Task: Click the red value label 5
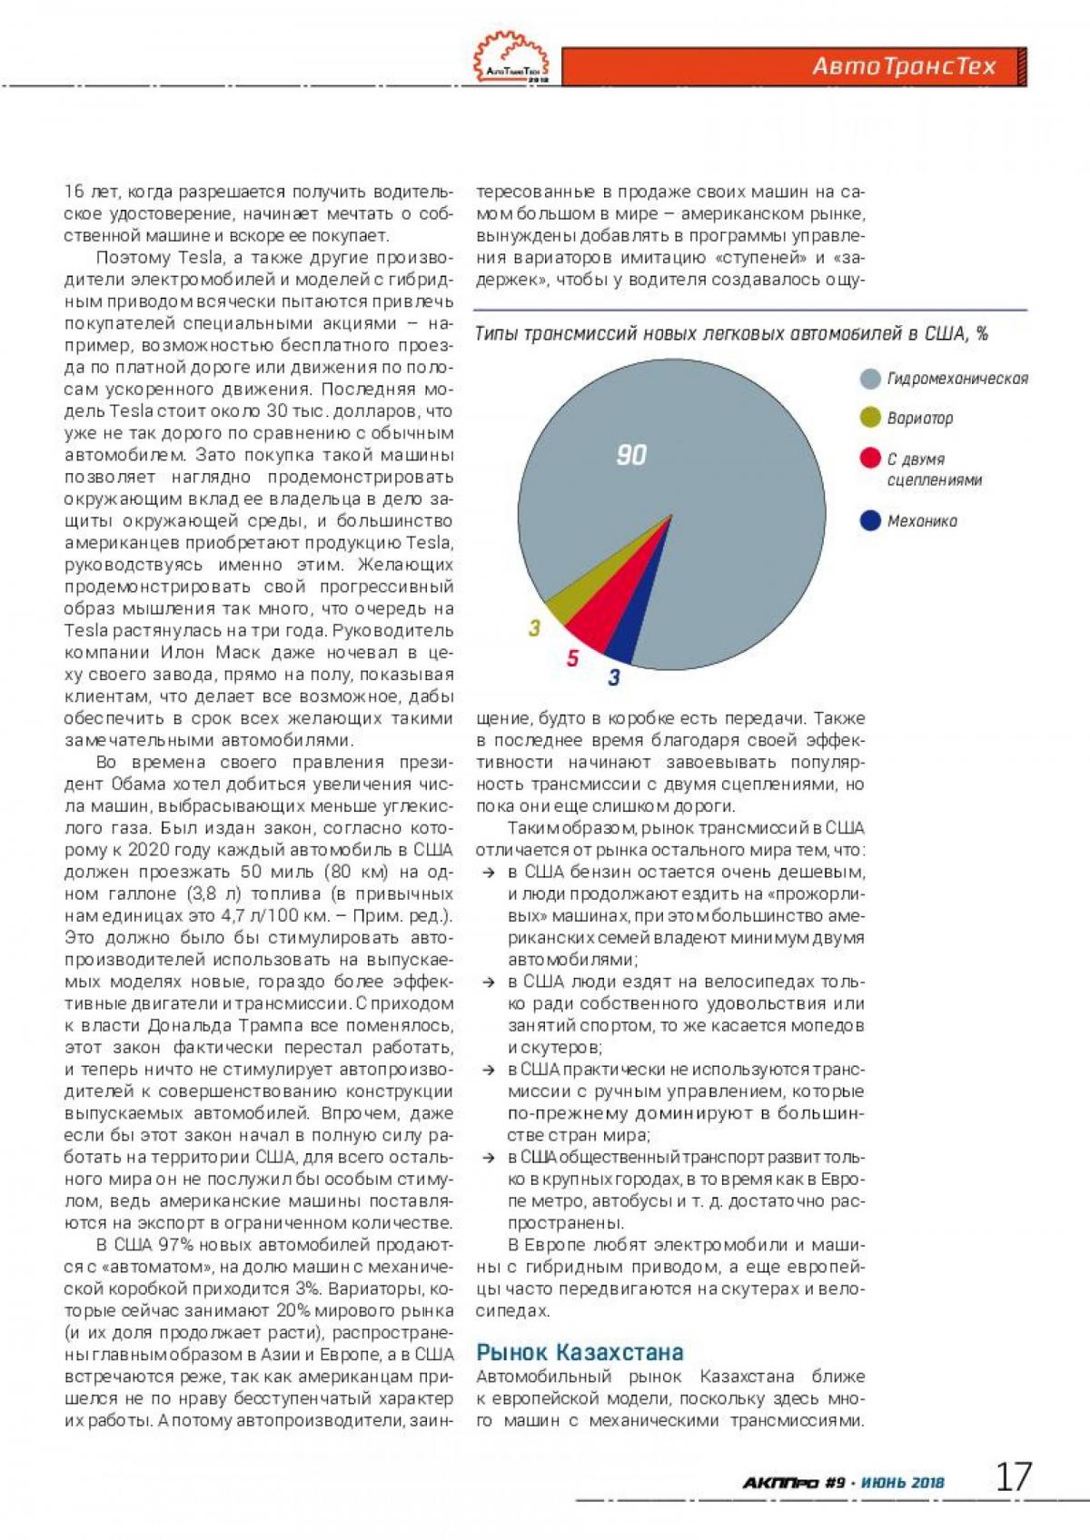pos(572,657)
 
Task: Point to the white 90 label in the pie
pos(631,454)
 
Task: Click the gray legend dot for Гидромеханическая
pos(870,379)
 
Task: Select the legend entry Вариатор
pos(919,419)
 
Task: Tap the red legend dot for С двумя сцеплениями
pos(870,458)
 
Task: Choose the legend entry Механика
pos(921,521)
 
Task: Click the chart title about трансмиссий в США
pos(731,333)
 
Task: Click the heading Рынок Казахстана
pos(580,1352)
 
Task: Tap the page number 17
pos(1014,1477)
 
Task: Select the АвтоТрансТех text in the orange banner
pos(904,66)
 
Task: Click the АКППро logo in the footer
pos(781,1483)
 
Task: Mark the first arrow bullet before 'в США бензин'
pos(489,873)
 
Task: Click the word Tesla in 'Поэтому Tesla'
pos(200,258)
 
